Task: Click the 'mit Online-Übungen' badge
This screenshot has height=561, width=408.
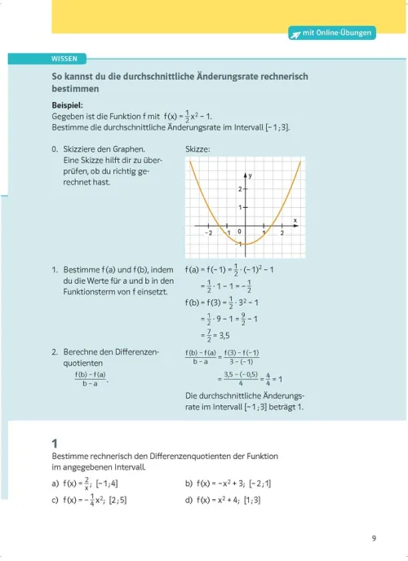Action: [x=331, y=33]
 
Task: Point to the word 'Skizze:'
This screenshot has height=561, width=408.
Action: [x=198, y=149]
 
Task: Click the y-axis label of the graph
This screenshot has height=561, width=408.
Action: [x=251, y=175]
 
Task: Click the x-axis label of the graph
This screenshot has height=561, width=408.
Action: [x=294, y=219]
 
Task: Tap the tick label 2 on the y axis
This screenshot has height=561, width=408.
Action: [x=240, y=189]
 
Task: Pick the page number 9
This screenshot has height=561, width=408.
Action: [x=373, y=537]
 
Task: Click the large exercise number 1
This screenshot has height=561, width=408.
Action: [x=54, y=442]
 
